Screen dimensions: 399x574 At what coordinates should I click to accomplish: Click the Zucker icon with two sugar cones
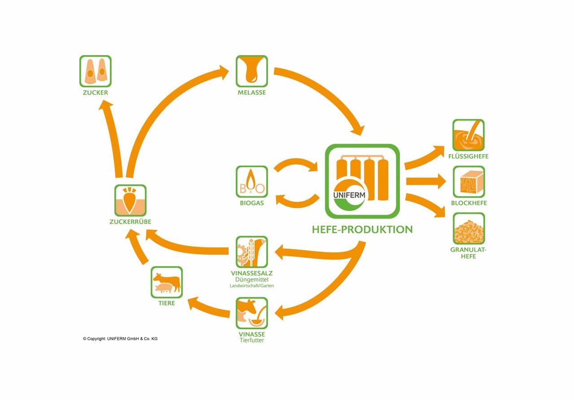95,71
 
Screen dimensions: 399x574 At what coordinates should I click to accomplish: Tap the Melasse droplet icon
252,71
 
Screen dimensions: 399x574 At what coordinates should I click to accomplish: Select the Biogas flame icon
252,182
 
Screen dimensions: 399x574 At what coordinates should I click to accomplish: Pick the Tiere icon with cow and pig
166,282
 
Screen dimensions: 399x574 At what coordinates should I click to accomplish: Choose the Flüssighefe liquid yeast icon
468,135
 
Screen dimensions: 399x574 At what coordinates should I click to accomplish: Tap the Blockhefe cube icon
468,182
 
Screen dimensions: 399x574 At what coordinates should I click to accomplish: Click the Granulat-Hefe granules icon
468,229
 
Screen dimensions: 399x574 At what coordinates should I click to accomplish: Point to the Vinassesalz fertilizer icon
252,252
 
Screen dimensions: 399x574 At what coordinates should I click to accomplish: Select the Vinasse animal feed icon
252,313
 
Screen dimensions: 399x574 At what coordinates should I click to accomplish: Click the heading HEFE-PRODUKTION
362,230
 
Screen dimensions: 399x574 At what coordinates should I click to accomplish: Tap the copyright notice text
120,339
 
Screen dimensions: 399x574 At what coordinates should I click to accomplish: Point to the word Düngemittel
252,279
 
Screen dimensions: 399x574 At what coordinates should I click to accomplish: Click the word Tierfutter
252,340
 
